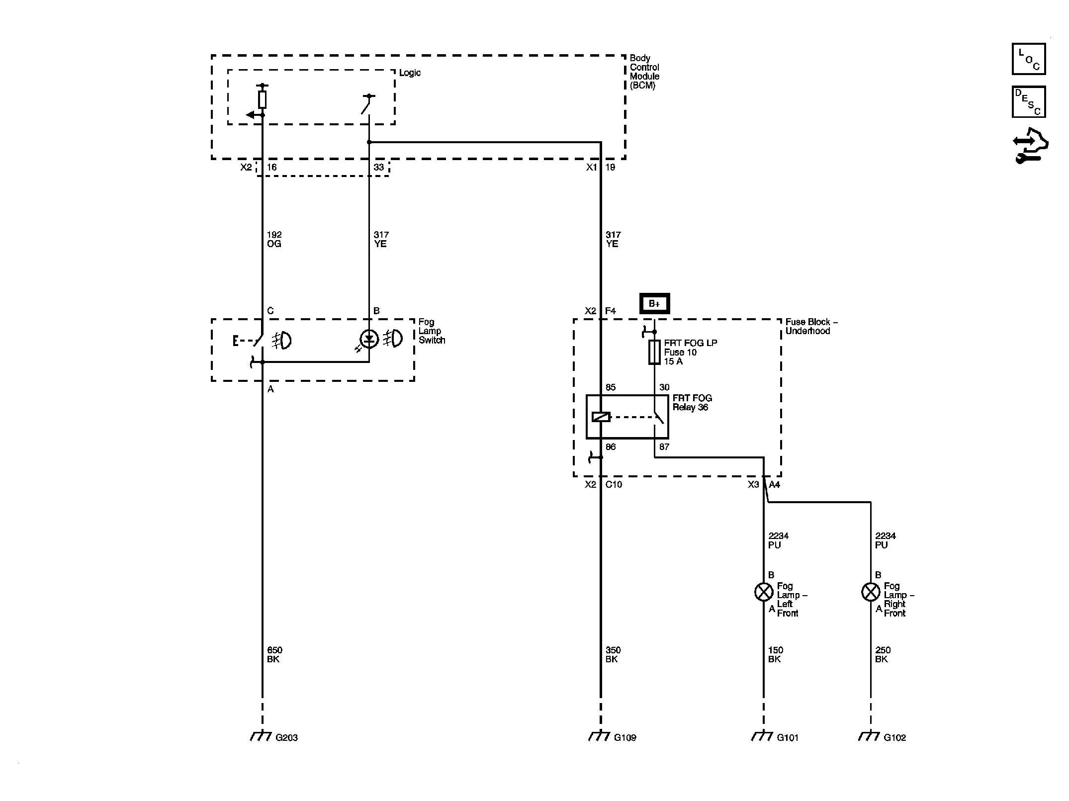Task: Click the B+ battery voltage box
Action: click(x=654, y=304)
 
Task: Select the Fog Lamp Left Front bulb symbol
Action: click(x=764, y=592)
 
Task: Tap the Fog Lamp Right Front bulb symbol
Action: click(x=871, y=592)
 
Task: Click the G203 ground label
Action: click(x=286, y=738)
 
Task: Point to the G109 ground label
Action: click(x=625, y=738)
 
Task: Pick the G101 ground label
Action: click(x=788, y=738)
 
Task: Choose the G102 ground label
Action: click(x=895, y=738)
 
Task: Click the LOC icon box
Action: click(x=1029, y=59)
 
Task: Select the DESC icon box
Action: click(x=1029, y=102)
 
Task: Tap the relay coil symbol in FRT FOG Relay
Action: click(x=601, y=417)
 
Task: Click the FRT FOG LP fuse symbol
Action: click(x=654, y=353)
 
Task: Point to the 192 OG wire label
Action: click(x=274, y=239)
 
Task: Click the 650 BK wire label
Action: click(x=274, y=655)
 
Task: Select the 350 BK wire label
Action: click(x=613, y=655)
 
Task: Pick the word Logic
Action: click(x=410, y=73)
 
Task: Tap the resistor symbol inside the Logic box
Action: click(x=263, y=99)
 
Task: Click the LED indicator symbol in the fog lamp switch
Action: click(x=369, y=340)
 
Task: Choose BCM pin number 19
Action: click(x=610, y=168)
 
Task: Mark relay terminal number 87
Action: click(x=664, y=447)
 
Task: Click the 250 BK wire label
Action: click(x=883, y=655)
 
